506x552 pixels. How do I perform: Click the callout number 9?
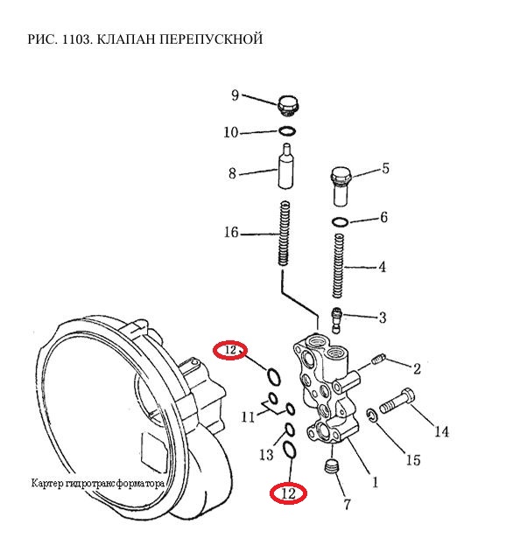point(235,95)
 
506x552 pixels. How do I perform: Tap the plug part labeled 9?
point(287,105)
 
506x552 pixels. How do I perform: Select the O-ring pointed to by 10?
point(287,131)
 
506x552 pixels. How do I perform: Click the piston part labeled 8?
point(285,166)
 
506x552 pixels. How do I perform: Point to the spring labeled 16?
point(285,233)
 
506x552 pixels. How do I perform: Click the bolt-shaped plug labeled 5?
point(341,186)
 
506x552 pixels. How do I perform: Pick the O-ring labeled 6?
point(340,222)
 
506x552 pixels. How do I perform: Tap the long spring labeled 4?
point(338,266)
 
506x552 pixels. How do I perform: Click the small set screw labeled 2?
point(379,360)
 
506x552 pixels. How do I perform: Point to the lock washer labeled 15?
point(372,415)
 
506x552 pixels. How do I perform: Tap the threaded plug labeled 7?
point(331,467)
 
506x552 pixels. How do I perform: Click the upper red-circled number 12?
point(230,351)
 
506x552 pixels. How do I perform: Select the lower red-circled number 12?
point(288,494)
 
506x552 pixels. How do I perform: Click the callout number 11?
point(248,417)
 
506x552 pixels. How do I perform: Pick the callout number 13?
point(266,455)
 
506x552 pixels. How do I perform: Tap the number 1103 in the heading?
point(76,38)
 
